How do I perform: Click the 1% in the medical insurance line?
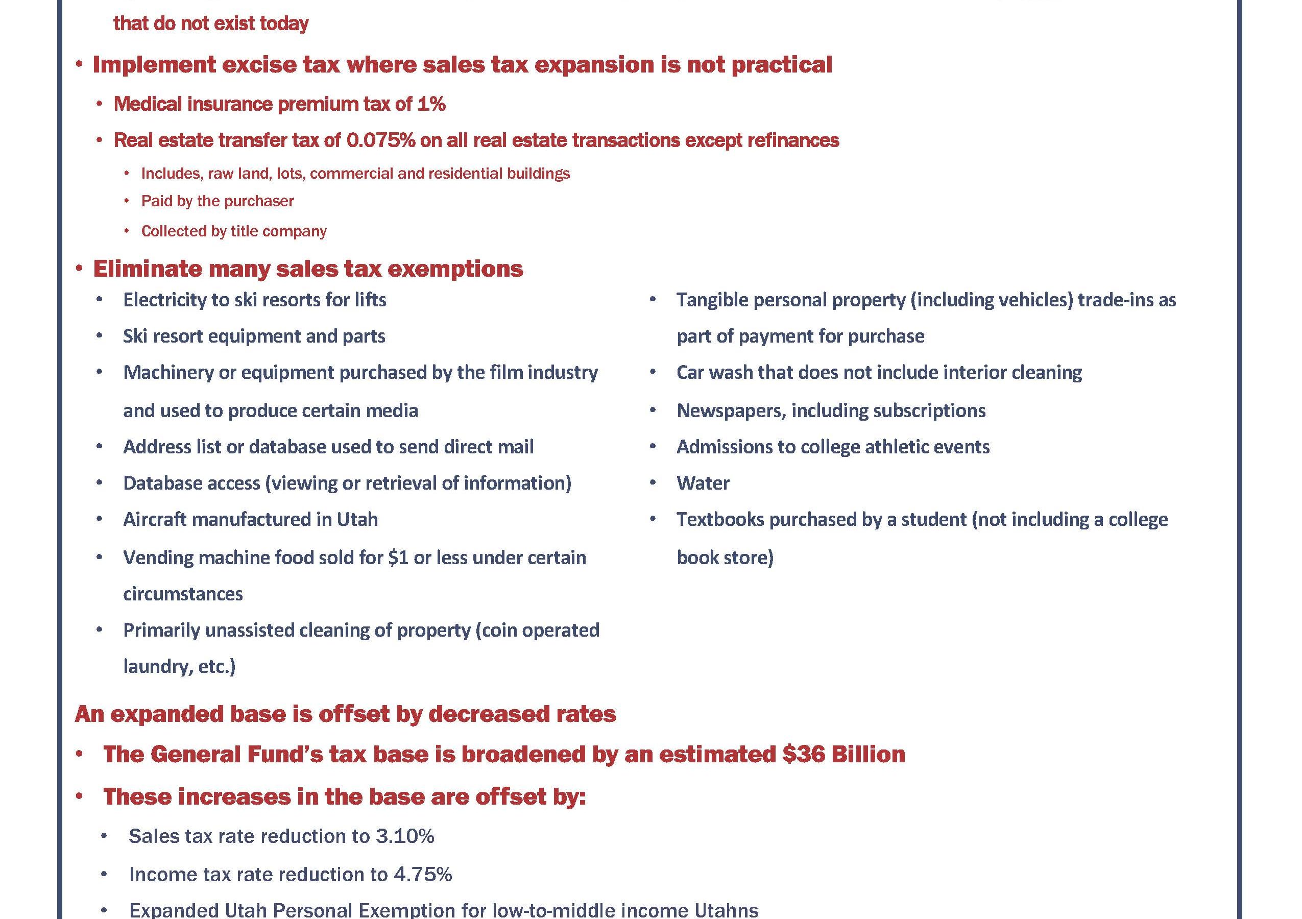click(431, 104)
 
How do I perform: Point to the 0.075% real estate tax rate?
click(380, 140)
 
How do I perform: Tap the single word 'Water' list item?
click(703, 483)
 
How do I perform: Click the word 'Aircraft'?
click(155, 519)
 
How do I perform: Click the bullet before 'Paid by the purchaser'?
click(127, 201)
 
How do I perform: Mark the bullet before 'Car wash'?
click(653, 373)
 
